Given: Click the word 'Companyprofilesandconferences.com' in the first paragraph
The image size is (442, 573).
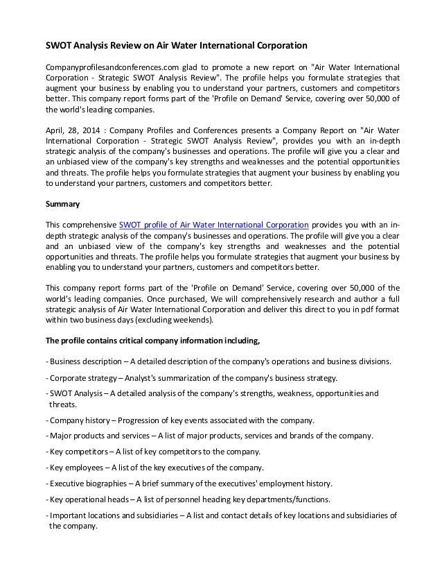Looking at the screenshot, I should [x=107, y=67].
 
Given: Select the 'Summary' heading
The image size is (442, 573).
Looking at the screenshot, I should [x=61, y=205].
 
